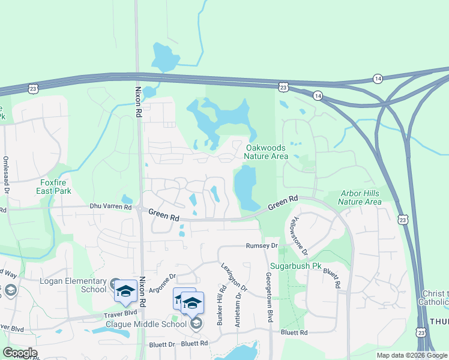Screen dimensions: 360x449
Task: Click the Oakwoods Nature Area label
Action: [x=266, y=152]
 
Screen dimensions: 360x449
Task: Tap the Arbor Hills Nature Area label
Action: [x=360, y=197]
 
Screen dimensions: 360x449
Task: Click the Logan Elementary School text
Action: [x=73, y=285]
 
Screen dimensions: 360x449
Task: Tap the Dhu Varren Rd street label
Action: [x=110, y=206]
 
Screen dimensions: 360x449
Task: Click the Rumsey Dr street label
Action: [x=262, y=246]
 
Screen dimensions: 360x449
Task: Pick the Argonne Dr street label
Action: [x=161, y=281]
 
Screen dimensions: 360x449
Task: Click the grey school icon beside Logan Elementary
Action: [x=115, y=283]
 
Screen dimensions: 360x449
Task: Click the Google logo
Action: [x=20, y=353]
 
